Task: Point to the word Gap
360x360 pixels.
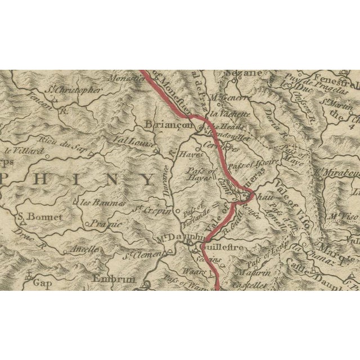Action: click(x=42, y=284)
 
